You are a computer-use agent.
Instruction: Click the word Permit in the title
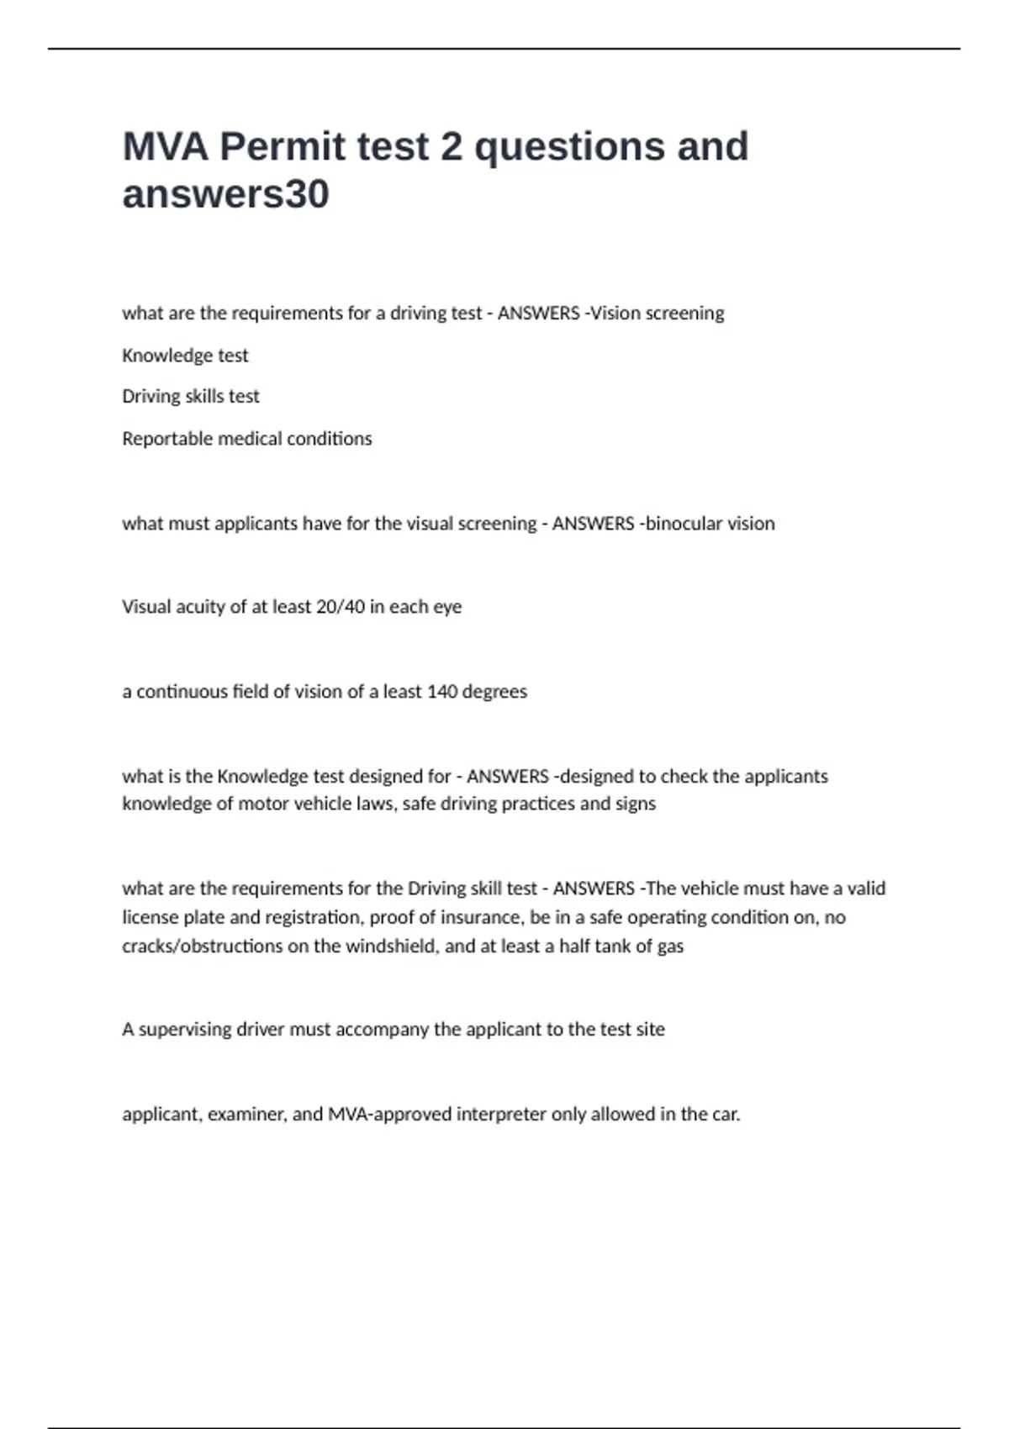pos(282,147)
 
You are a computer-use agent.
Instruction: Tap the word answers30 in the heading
pos(225,195)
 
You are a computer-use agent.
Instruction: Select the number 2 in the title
pos(451,147)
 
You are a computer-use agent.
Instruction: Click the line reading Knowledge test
pos(185,356)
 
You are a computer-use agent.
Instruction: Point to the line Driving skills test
pos(191,397)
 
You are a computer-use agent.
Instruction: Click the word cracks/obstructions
pos(203,947)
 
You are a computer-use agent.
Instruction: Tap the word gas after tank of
pos(670,947)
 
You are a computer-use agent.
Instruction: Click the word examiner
pos(248,1115)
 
